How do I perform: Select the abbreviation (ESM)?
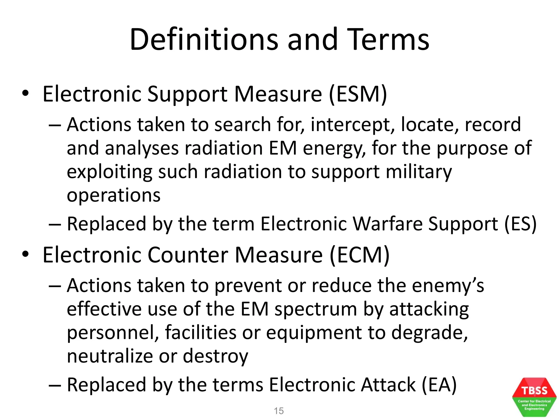(358, 94)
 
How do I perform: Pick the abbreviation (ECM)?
(359, 255)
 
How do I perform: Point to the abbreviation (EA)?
(439, 385)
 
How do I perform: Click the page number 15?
(279, 411)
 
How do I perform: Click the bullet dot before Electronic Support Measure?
(25, 94)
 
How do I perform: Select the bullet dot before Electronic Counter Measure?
(25, 254)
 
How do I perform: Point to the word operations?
(114, 196)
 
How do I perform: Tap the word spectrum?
(316, 310)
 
